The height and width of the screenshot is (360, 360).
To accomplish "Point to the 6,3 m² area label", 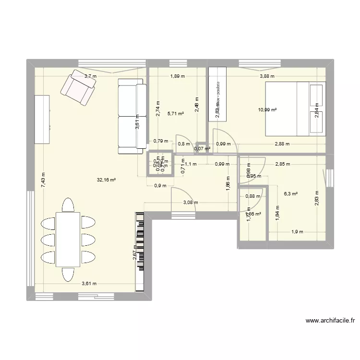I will [291, 194].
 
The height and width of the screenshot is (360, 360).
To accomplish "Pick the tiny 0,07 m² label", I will [202, 149].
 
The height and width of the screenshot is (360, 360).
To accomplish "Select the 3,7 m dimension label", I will [90, 76].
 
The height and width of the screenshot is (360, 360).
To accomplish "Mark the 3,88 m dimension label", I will [267, 76].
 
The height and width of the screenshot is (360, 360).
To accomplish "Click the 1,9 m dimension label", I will [297, 232].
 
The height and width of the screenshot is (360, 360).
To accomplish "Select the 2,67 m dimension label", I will [135, 252].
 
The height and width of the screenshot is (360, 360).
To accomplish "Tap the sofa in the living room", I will [132, 116].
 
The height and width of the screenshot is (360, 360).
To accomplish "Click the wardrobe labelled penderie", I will [217, 94].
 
